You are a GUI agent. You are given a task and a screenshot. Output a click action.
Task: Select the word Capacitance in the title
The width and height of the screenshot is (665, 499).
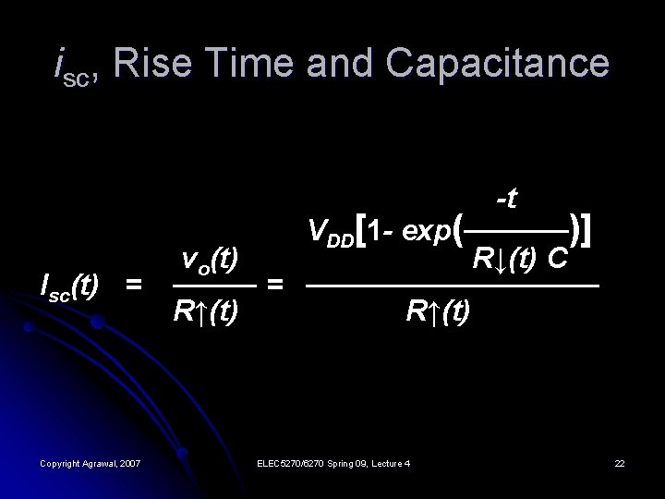tap(498, 64)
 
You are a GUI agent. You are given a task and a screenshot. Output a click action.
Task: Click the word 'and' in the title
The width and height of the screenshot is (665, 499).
tap(347, 64)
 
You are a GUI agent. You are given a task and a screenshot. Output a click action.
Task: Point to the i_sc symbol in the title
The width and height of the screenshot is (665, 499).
tap(68, 66)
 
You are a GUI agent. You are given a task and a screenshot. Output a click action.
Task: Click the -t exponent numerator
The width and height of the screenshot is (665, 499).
tap(506, 198)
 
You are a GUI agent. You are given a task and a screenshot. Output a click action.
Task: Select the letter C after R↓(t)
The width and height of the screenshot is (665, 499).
tap(556, 257)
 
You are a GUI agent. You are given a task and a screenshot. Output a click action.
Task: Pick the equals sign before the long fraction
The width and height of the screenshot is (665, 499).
tap(274, 286)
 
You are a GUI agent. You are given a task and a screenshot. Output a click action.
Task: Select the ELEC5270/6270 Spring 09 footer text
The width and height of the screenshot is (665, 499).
tap(335, 461)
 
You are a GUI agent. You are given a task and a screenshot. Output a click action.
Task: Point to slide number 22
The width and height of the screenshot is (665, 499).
tap(620, 461)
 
